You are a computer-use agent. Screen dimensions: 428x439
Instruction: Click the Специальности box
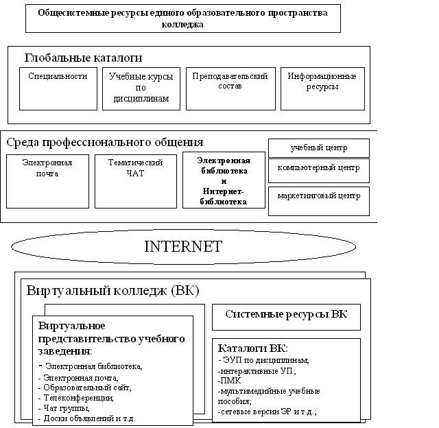pos(58,88)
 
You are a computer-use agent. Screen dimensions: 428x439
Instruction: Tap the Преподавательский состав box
pos(230,88)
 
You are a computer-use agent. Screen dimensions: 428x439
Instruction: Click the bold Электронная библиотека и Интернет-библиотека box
pos(224,180)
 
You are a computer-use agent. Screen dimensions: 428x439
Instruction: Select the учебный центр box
pos(318,147)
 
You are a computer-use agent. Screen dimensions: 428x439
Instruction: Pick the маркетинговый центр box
pos(318,196)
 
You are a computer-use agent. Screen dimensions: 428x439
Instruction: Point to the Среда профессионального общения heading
pos(105,143)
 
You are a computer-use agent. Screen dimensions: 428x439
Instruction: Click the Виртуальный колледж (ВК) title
pos(112,290)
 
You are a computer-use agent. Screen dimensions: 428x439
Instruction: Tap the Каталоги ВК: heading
pos(253,348)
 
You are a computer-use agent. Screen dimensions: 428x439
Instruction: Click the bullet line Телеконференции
pos(78,398)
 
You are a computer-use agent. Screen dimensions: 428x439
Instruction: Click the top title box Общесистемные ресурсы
pos(182,18)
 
